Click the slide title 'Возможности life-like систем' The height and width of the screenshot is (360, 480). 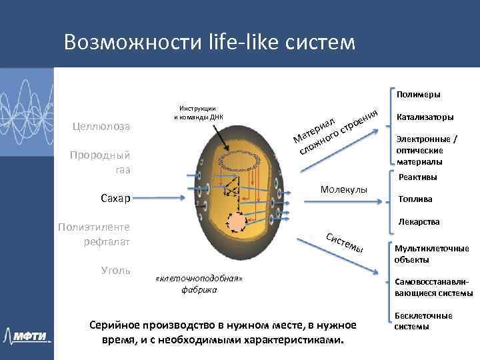click(x=210, y=42)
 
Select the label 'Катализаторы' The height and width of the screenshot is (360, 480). click(x=425, y=117)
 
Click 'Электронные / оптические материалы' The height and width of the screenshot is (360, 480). click(x=427, y=151)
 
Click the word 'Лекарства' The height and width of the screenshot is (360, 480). click(x=418, y=221)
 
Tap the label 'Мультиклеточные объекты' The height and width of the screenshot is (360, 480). click(x=431, y=254)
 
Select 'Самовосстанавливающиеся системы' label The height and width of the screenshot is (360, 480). click(x=434, y=287)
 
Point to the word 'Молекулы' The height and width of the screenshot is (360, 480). click(x=344, y=191)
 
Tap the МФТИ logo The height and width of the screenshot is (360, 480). click(x=28, y=335)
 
